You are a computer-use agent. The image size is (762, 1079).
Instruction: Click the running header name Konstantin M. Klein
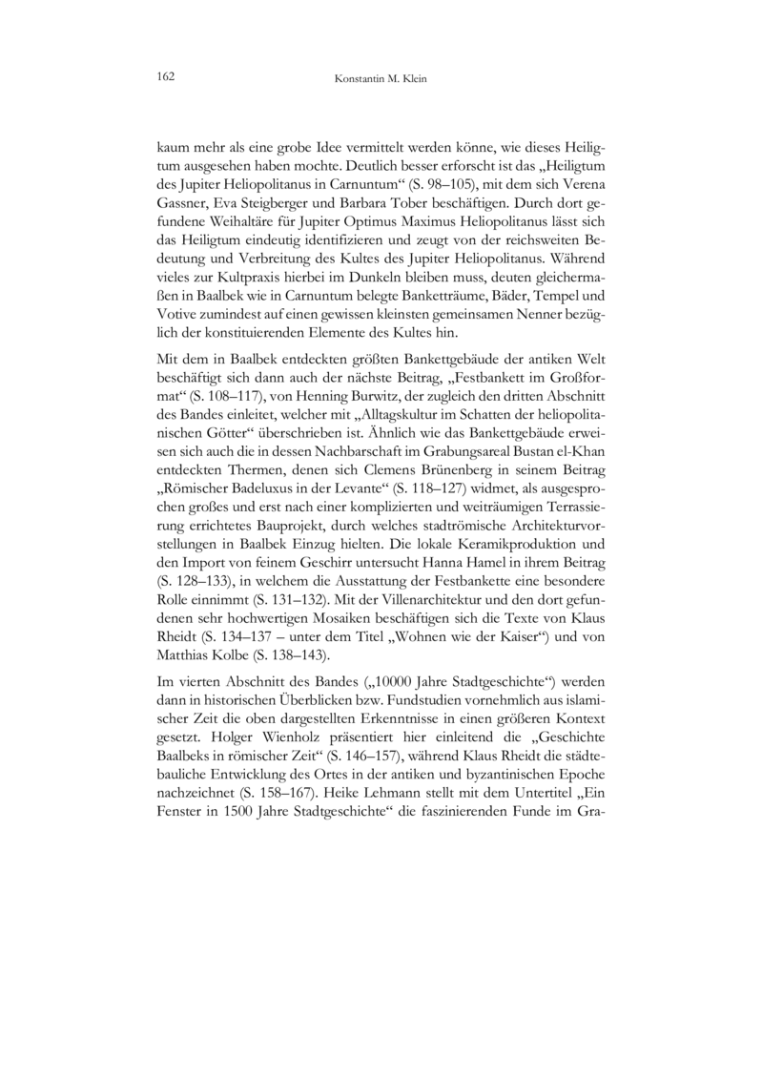381,77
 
